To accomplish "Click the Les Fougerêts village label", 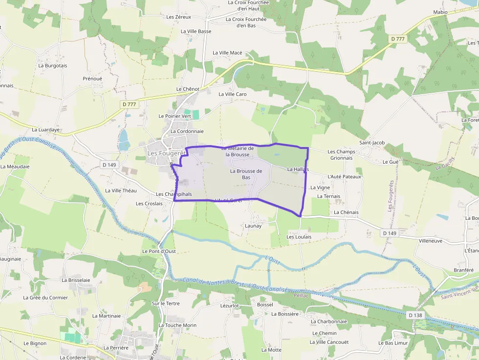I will click(166, 153).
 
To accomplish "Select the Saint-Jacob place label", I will click(372, 143).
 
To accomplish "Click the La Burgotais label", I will click(53, 65).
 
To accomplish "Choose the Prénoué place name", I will click(92, 78).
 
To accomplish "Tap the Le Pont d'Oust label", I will click(159, 251).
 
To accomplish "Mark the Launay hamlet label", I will click(253, 226).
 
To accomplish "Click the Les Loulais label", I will click(299, 236).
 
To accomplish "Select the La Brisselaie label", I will click(76, 280).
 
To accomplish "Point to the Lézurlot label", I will click(229, 305).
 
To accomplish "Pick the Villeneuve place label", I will click(430, 241).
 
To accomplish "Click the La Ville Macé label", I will click(227, 53).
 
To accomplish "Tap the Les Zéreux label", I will click(178, 17).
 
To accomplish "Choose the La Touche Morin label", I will click(177, 325).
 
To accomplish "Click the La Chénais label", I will click(346, 212).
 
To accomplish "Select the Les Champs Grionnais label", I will click(341, 155).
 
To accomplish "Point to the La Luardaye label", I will click(45, 130).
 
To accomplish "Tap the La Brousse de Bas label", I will click(246, 174).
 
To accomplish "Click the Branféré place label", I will click(464, 270).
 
